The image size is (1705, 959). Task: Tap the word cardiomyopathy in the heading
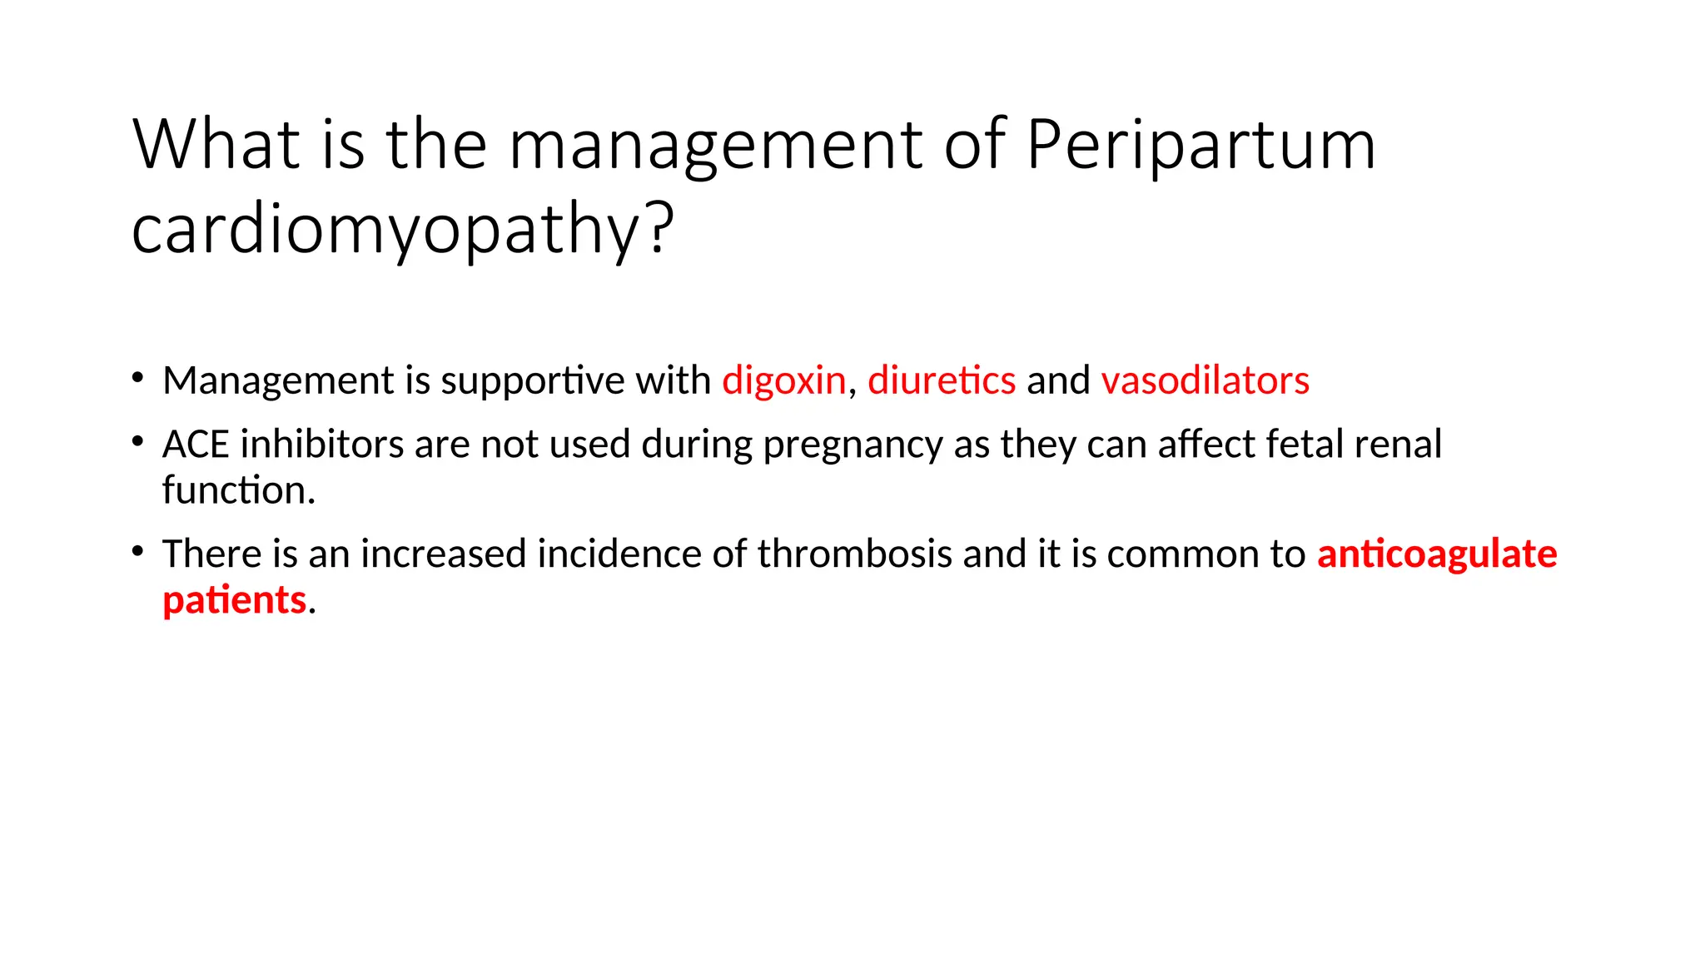tap(392, 229)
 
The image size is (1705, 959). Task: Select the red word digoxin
tap(783, 381)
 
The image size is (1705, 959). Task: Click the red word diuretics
tap(942, 380)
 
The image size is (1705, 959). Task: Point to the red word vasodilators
tap(1205, 380)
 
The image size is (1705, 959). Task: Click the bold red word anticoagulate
tap(1437, 554)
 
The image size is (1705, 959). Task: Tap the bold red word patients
tap(234, 599)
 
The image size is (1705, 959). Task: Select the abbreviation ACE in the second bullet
tap(196, 445)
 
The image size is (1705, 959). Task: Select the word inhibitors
tap(322, 445)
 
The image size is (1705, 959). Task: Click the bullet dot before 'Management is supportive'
tap(137, 378)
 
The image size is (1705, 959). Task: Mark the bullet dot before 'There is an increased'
tap(137, 551)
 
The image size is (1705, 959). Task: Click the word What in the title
tap(216, 146)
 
